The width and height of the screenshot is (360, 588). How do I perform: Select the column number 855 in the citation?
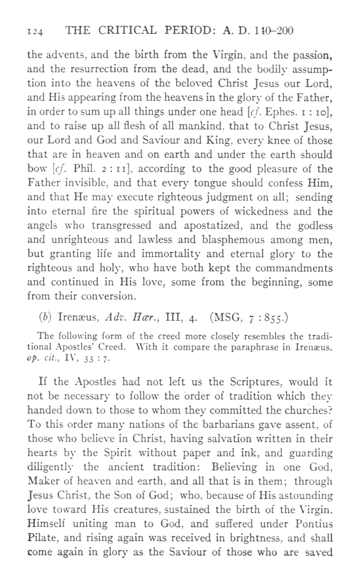pyautogui.click(x=284, y=330)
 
